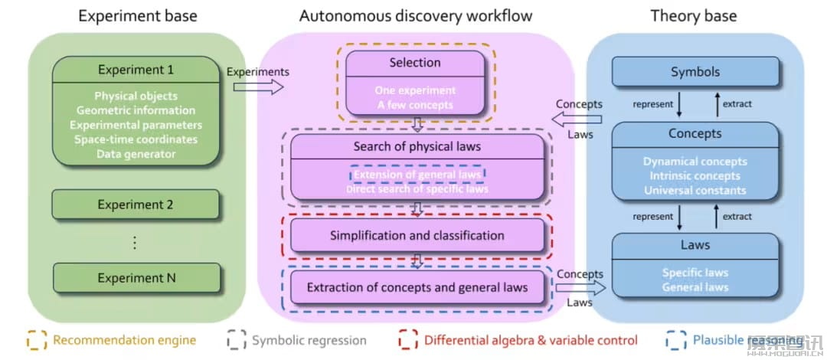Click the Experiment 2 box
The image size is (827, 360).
[136, 205]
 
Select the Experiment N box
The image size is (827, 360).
[136, 278]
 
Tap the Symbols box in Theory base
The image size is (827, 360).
[695, 72]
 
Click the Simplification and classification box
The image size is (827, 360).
[417, 235]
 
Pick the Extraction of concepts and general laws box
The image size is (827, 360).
[417, 288]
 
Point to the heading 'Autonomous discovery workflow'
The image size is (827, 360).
[416, 15]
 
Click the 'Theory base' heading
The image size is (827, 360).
[694, 15]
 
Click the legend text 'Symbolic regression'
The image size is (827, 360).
[309, 340]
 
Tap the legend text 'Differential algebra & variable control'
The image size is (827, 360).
[531, 340]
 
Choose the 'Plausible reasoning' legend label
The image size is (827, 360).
[747, 340]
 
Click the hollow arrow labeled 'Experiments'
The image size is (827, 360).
[258, 87]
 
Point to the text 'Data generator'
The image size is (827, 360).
[136, 154]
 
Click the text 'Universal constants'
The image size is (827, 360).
[695, 190]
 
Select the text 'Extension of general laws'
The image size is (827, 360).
[417, 175]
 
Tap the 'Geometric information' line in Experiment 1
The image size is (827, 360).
[136, 110]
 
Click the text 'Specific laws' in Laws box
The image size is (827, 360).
[695, 273]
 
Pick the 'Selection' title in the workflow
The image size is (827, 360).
[415, 63]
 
